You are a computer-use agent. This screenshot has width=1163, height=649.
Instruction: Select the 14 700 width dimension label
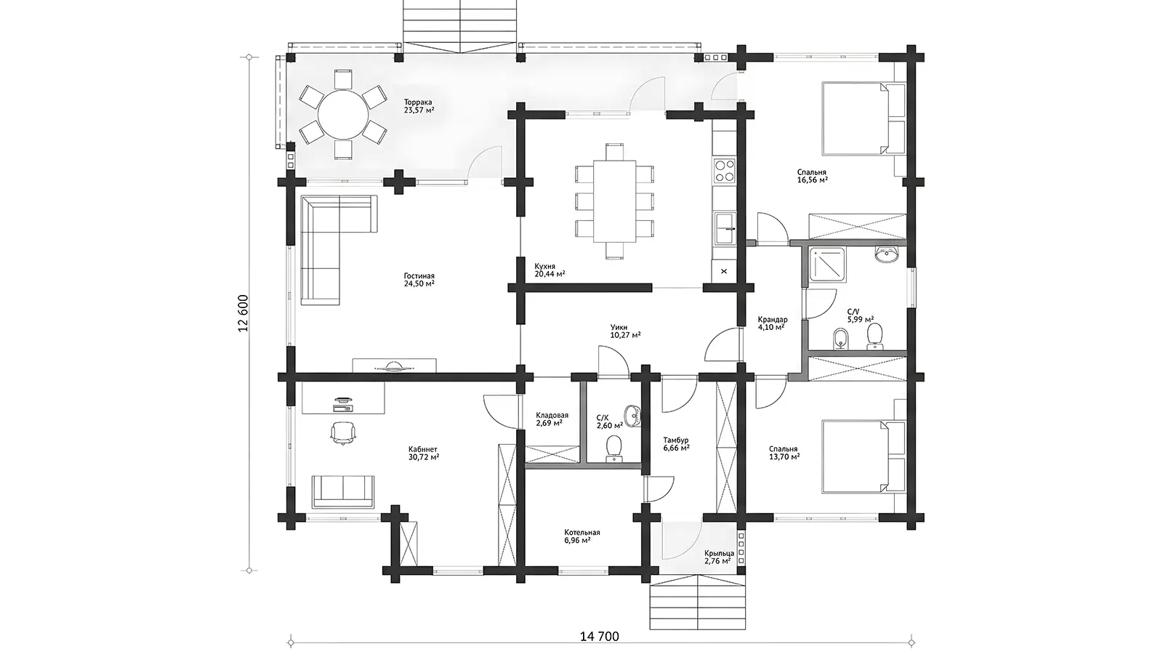pos(599,636)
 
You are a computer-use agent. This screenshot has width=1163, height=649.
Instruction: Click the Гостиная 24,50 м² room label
pos(419,280)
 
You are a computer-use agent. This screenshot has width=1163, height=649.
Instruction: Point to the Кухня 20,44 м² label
pos(550,270)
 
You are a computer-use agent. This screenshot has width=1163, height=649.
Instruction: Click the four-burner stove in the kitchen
pos(725,171)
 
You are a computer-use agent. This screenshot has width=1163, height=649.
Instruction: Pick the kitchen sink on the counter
pos(725,228)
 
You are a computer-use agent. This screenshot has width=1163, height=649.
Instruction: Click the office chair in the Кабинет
pos(343,433)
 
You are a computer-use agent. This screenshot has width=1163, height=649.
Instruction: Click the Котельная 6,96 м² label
pos(582,536)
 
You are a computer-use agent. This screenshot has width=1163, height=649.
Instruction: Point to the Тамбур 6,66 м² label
pos(676,444)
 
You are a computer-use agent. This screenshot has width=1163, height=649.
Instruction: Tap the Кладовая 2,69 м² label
pos(552,419)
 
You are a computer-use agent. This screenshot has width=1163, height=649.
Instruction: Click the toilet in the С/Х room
pos(614,448)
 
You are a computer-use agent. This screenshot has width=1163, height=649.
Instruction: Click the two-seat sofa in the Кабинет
pos(343,492)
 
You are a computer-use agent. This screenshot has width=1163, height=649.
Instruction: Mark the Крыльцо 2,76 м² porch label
pos(719,557)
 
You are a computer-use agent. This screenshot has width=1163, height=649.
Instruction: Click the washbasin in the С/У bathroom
pos(886,254)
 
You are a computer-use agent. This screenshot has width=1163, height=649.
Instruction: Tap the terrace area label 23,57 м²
pos(419,110)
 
